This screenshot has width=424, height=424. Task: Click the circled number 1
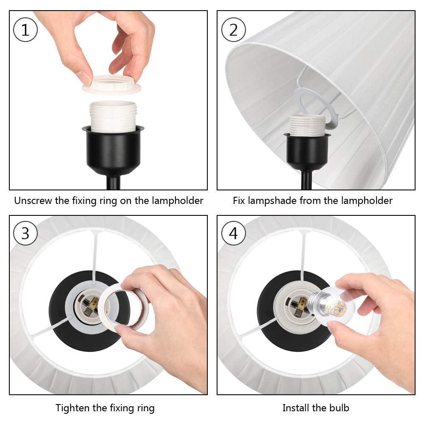pyautogui.click(x=25, y=30)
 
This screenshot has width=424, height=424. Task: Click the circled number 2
pyautogui.click(x=233, y=30)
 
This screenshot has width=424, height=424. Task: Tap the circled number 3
pyautogui.click(x=25, y=233)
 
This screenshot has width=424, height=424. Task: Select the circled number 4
pyautogui.click(x=233, y=233)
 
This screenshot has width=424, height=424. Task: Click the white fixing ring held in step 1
pyautogui.click(x=112, y=85)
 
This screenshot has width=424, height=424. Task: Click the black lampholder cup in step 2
pyautogui.click(x=307, y=151)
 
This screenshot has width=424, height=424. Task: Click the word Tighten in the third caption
pyautogui.click(x=73, y=408)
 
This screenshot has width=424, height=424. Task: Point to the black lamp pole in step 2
pyautogui.click(x=307, y=180)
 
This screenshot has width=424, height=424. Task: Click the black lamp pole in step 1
pyautogui.click(x=113, y=182)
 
